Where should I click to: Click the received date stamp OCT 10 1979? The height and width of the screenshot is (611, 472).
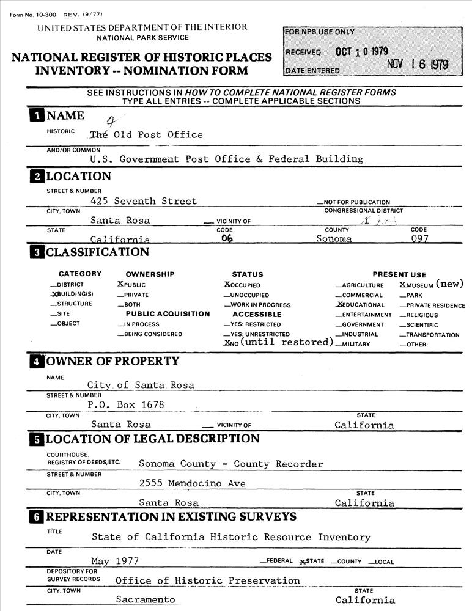[x=361, y=51]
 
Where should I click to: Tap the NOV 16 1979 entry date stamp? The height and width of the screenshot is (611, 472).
[x=418, y=65]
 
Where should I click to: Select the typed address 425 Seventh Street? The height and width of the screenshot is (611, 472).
[x=143, y=201]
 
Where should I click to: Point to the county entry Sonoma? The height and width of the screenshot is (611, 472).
[x=334, y=239]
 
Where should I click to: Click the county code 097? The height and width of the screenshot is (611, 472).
[x=419, y=239]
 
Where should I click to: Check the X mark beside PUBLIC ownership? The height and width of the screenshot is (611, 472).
[x=120, y=285]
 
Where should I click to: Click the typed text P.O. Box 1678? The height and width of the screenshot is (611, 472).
[x=126, y=404]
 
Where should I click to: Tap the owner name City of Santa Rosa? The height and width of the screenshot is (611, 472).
[x=141, y=385]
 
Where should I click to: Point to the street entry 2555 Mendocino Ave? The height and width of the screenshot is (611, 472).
[x=192, y=483]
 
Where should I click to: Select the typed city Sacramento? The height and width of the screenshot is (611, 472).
[x=145, y=599]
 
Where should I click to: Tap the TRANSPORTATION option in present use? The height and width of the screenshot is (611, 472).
[x=432, y=335]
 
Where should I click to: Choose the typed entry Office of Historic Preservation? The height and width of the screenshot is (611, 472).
[x=207, y=580]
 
